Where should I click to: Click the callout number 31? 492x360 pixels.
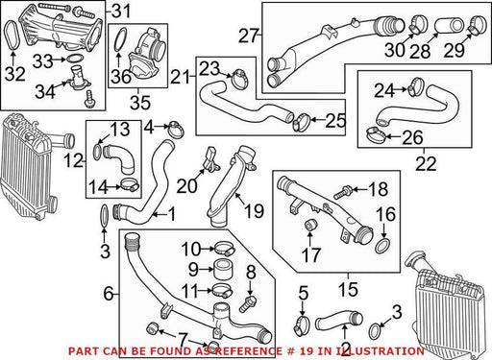pyautogui.click(x=121, y=11)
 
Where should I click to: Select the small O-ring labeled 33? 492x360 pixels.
pyautogui.click(x=75, y=59)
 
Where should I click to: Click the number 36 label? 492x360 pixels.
pyautogui.click(x=121, y=77)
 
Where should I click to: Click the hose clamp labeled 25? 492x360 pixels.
pyautogui.click(x=301, y=122)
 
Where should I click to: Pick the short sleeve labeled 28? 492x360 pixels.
pyautogui.click(x=449, y=27)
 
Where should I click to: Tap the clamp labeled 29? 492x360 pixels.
pyautogui.click(x=478, y=24)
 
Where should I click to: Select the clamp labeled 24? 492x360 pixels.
pyautogui.click(x=415, y=86)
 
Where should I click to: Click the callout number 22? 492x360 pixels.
pyautogui.click(x=426, y=163)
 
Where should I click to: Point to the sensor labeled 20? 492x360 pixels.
pyautogui.click(x=210, y=158)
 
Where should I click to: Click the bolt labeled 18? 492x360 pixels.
pyautogui.click(x=343, y=191)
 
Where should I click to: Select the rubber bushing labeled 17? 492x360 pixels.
pyautogui.click(x=310, y=225)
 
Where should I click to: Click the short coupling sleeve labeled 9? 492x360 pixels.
pyautogui.click(x=223, y=270)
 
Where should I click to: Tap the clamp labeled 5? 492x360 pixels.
pyautogui.click(x=302, y=325)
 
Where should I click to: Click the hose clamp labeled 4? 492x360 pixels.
pyautogui.click(x=176, y=130)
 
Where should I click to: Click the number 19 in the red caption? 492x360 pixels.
pyautogui.click(x=300, y=351)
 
